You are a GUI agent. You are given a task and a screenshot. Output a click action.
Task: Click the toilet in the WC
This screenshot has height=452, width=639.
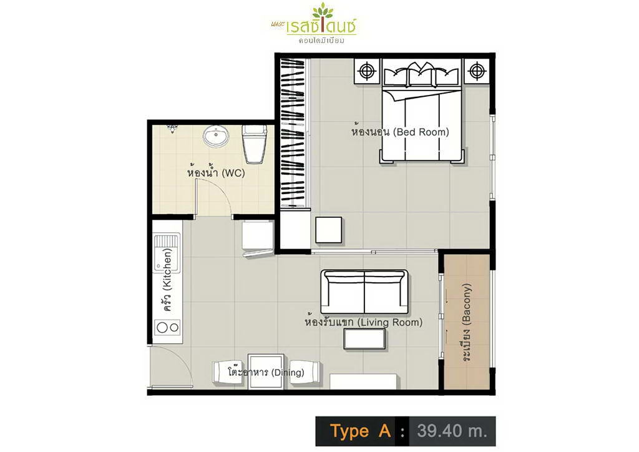tap(255, 144)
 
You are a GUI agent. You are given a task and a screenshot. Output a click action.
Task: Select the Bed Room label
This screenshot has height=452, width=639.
tap(400, 131)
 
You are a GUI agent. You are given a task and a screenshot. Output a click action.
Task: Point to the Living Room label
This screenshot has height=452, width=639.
tap(364, 322)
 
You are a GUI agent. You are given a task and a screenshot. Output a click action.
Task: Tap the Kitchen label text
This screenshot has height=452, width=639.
tap(167, 280)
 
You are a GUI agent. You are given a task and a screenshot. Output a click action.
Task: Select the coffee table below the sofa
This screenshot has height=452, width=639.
tap(364, 339)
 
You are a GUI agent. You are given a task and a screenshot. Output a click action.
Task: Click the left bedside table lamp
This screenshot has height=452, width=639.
tap(367, 71)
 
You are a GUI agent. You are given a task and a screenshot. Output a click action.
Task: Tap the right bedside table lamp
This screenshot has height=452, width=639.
tap(476, 71)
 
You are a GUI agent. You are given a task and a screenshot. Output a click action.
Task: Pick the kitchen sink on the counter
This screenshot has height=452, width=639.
tap(167, 253)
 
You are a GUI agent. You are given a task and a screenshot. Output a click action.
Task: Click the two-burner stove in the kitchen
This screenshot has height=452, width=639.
tap(168, 327)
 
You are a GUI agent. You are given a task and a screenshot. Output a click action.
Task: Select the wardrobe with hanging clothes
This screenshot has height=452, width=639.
tap(293, 132)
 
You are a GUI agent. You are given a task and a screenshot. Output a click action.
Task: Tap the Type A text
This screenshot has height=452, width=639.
tap(360, 431)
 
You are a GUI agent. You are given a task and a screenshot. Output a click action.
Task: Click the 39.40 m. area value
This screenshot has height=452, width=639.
tap(452, 431)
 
